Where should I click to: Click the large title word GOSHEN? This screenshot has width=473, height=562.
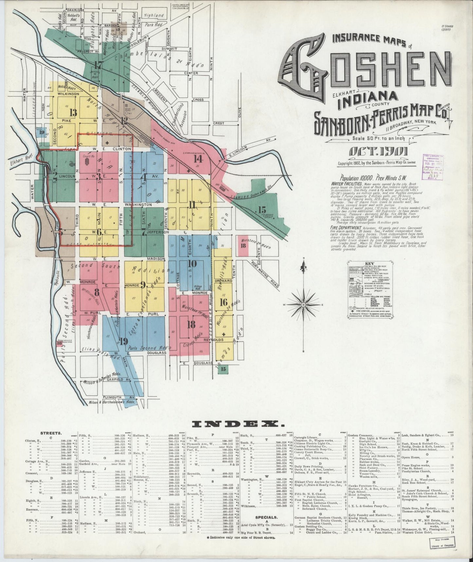(x=365, y=72)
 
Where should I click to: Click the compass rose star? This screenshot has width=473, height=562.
(x=303, y=305)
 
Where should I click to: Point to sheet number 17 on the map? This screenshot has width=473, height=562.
(x=98, y=65)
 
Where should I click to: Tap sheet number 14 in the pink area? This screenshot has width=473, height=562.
(x=198, y=159)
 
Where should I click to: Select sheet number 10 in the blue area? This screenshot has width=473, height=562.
(x=192, y=263)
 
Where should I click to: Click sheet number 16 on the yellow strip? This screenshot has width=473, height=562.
(x=224, y=302)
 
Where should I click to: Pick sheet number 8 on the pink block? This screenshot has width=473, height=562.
(x=97, y=291)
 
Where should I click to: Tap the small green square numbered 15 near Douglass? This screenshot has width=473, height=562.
(x=224, y=369)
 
